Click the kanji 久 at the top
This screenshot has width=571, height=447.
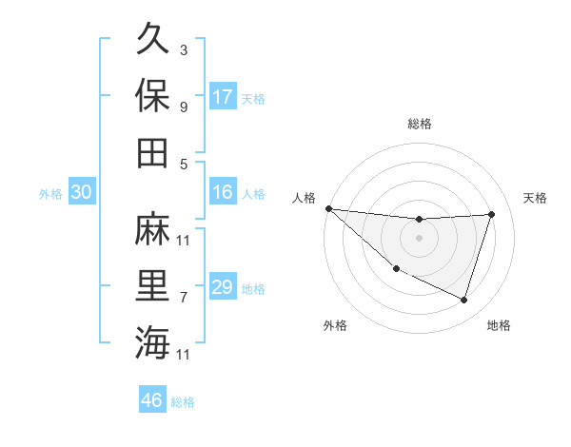click(152, 40)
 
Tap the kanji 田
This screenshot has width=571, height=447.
click(152, 152)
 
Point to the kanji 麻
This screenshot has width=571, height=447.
click(152, 228)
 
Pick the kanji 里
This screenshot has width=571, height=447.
click(152, 285)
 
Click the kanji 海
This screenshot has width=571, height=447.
click(152, 342)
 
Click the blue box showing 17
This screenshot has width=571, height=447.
click(223, 97)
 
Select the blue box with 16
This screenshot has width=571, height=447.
click(223, 192)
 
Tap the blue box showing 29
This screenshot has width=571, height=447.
click(223, 287)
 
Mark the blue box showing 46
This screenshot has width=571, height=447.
click(152, 400)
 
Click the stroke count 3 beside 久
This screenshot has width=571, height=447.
click(184, 49)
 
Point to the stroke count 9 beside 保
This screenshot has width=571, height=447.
click(184, 107)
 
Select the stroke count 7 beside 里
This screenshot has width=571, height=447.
click(184, 297)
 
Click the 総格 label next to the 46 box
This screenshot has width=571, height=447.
click(184, 402)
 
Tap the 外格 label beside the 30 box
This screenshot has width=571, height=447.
click(50, 194)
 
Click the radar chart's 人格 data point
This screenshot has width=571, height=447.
click(328, 208)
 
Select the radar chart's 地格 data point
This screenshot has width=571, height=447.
click(463, 301)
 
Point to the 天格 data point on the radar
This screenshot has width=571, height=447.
click(491, 214)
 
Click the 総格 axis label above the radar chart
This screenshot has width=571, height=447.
click(419, 124)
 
